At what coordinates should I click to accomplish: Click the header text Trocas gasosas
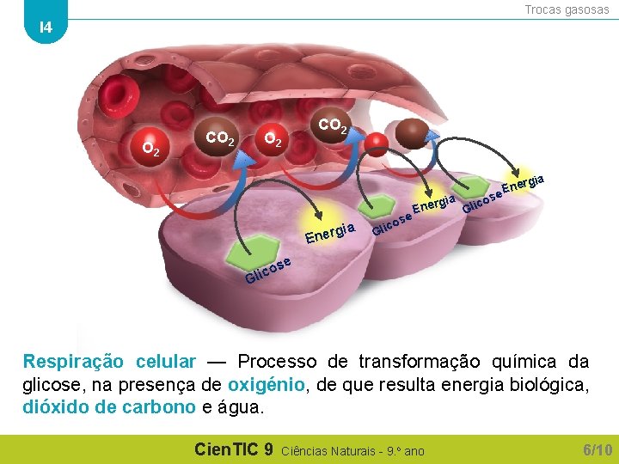coord(567,9)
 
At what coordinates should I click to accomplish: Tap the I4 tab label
coord(46,27)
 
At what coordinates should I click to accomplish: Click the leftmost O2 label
coord(150,149)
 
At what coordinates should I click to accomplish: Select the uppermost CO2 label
coord(333,126)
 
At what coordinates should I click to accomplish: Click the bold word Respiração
coord(73,362)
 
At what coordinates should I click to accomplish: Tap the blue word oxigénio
coord(267,385)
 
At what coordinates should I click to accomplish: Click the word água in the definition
coord(242,407)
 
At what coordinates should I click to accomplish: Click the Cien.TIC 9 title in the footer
coord(234,449)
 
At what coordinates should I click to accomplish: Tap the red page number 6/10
coord(598,449)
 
